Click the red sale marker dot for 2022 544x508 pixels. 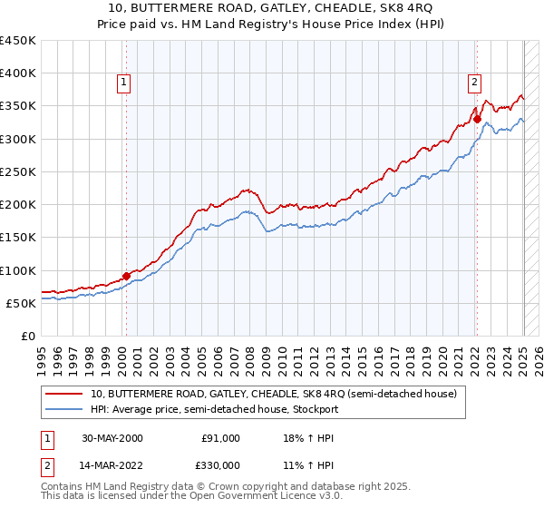click(477, 119)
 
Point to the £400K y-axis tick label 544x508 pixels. click(18, 73)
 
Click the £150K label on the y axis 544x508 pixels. click(18, 238)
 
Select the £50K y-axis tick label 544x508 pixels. click(22, 303)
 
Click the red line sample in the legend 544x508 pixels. click(64, 394)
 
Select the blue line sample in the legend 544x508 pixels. click(64, 409)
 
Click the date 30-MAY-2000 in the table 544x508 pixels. click(112, 438)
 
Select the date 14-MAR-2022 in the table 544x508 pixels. click(112, 464)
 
